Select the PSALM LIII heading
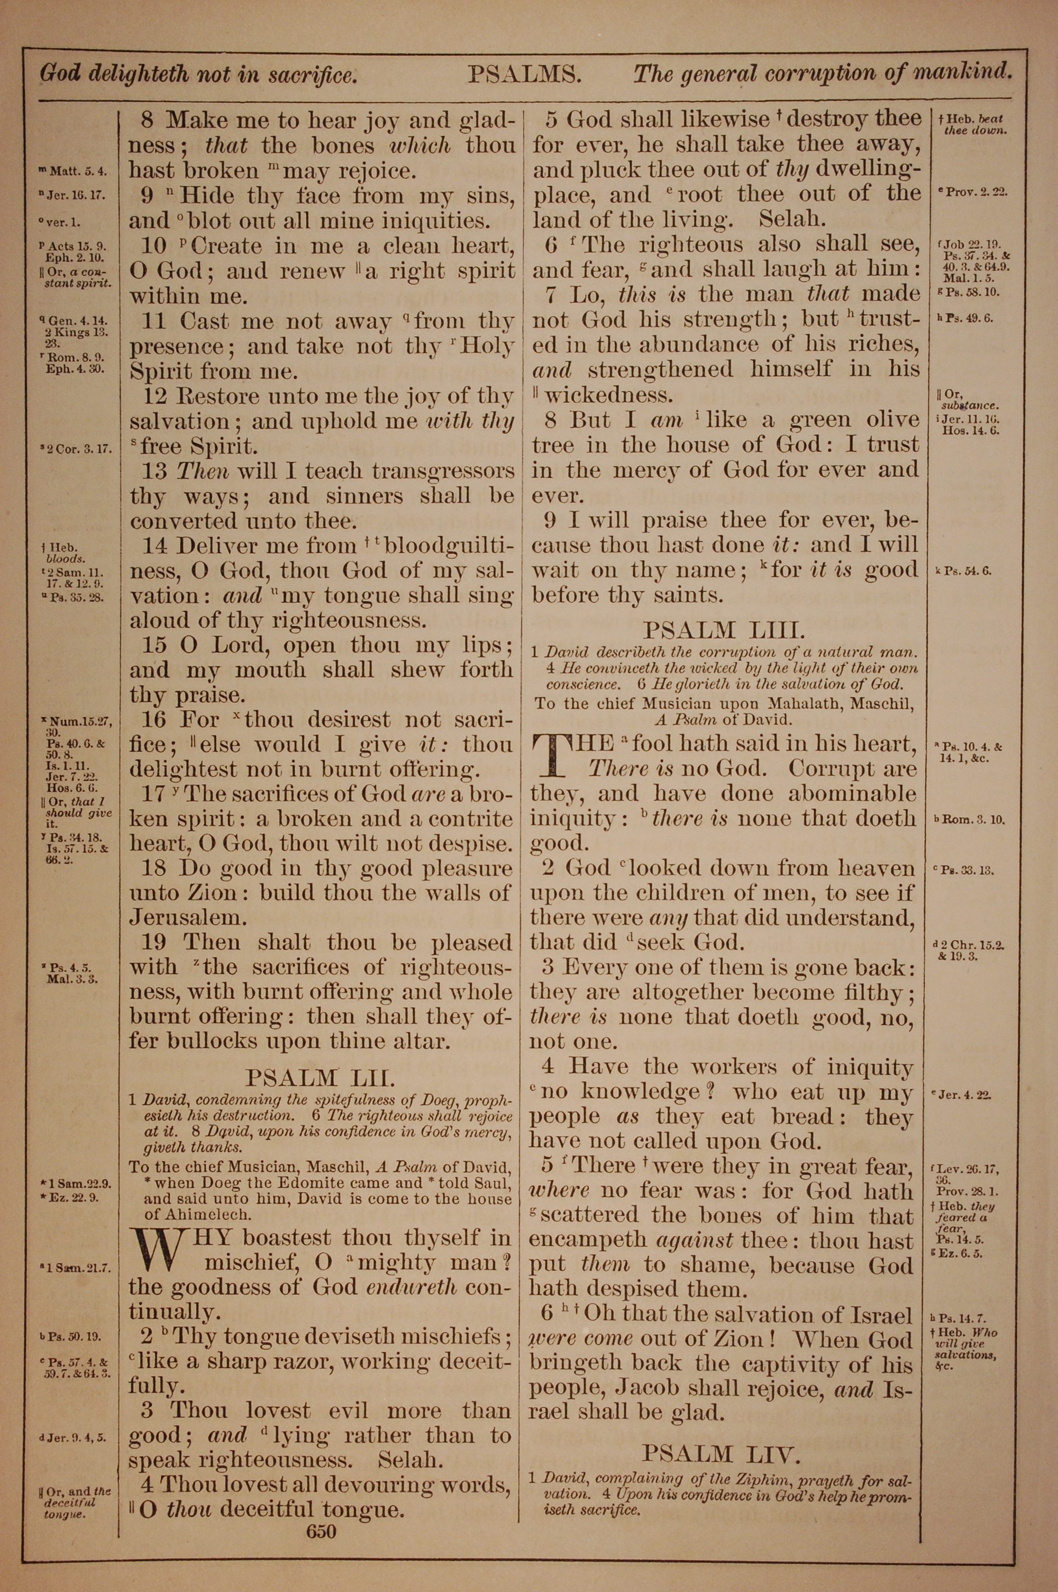click(724, 631)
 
